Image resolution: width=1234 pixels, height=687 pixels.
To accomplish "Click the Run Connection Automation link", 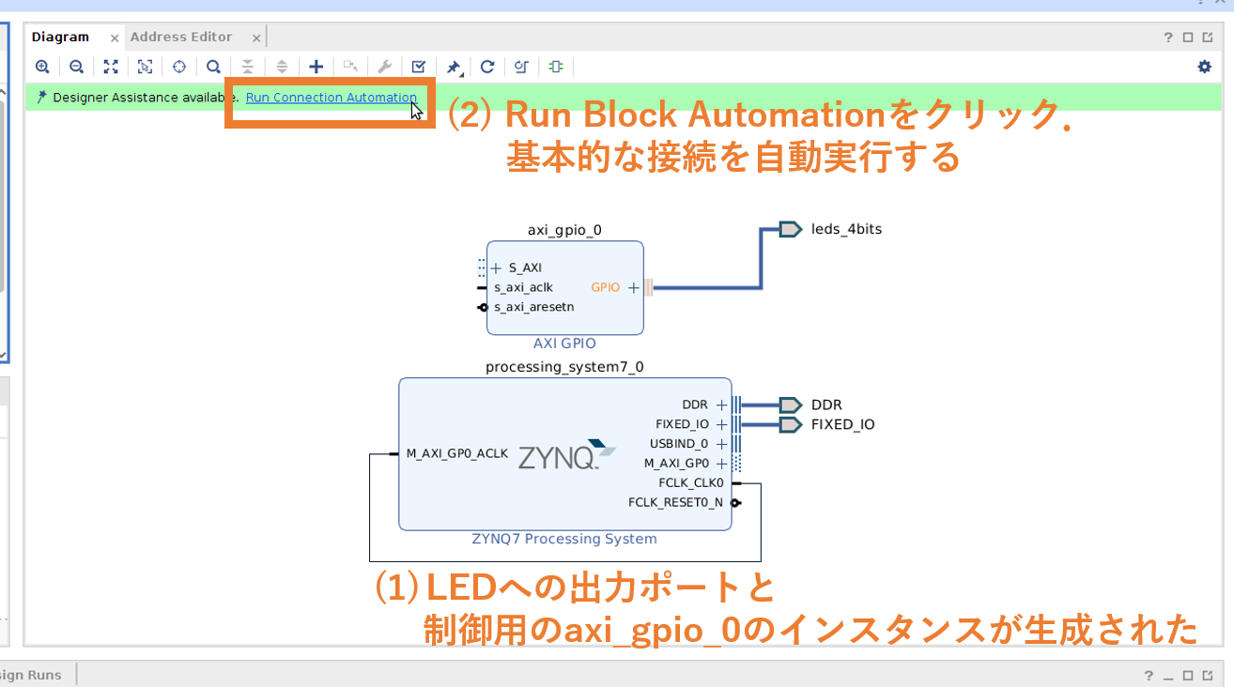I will (x=331, y=98).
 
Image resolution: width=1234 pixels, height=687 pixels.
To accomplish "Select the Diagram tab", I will (x=60, y=38).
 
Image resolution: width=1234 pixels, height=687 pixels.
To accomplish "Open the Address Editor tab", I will (x=181, y=38).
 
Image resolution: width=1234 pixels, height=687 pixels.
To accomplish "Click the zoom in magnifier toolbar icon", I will (x=42, y=67).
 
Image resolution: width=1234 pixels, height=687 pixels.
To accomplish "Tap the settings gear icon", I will (x=1204, y=67).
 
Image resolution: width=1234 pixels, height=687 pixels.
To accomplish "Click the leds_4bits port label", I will (x=846, y=229).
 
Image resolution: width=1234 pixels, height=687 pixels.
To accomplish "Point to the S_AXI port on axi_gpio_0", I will (x=525, y=267).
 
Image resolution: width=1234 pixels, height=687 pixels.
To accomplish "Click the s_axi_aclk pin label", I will (x=523, y=287).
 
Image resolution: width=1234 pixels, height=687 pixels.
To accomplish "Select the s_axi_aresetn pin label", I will (x=533, y=307).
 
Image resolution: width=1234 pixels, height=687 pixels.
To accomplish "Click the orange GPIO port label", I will (x=606, y=287).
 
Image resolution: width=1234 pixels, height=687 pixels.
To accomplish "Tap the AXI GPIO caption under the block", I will (x=564, y=343).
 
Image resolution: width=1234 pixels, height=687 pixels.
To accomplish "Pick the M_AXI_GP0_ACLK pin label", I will (x=456, y=453).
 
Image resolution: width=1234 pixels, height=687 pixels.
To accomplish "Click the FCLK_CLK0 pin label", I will (x=691, y=483).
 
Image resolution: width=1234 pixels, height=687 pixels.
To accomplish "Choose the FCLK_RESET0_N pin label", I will (x=675, y=503).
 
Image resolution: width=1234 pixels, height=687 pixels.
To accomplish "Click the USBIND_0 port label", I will (x=679, y=444).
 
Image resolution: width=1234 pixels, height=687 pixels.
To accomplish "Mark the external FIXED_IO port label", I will (x=842, y=424).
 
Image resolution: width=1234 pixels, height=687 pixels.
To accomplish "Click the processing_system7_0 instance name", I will (x=564, y=367).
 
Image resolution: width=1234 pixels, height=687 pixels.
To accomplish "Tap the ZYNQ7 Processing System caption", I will (x=564, y=539).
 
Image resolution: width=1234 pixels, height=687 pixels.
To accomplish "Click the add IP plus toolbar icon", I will (x=316, y=67).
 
